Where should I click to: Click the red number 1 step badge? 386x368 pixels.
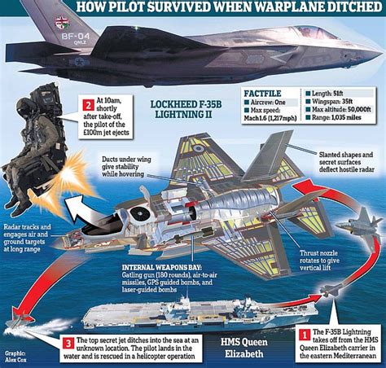pos(303,333)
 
